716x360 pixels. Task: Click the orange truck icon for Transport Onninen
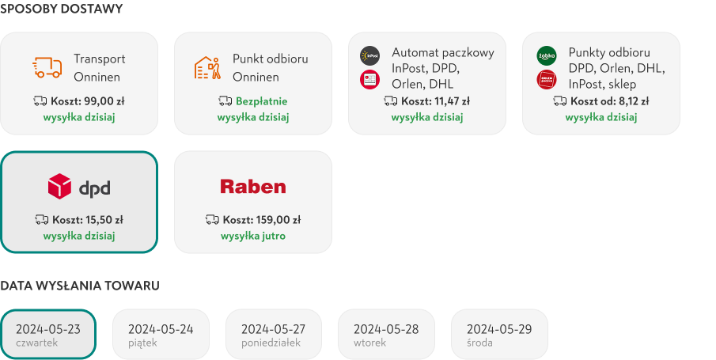pyautogui.click(x=47, y=67)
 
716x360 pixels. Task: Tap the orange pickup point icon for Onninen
pyautogui.click(x=207, y=67)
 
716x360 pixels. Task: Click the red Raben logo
pyautogui.click(x=252, y=187)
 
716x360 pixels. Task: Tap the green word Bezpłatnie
pyautogui.click(x=262, y=101)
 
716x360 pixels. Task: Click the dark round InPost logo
pyautogui.click(x=369, y=55)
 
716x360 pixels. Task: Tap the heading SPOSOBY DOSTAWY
pyautogui.click(x=61, y=9)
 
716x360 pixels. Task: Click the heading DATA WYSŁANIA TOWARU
pyautogui.click(x=80, y=286)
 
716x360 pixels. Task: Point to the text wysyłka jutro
pyautogui.click(x=252, y=237)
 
